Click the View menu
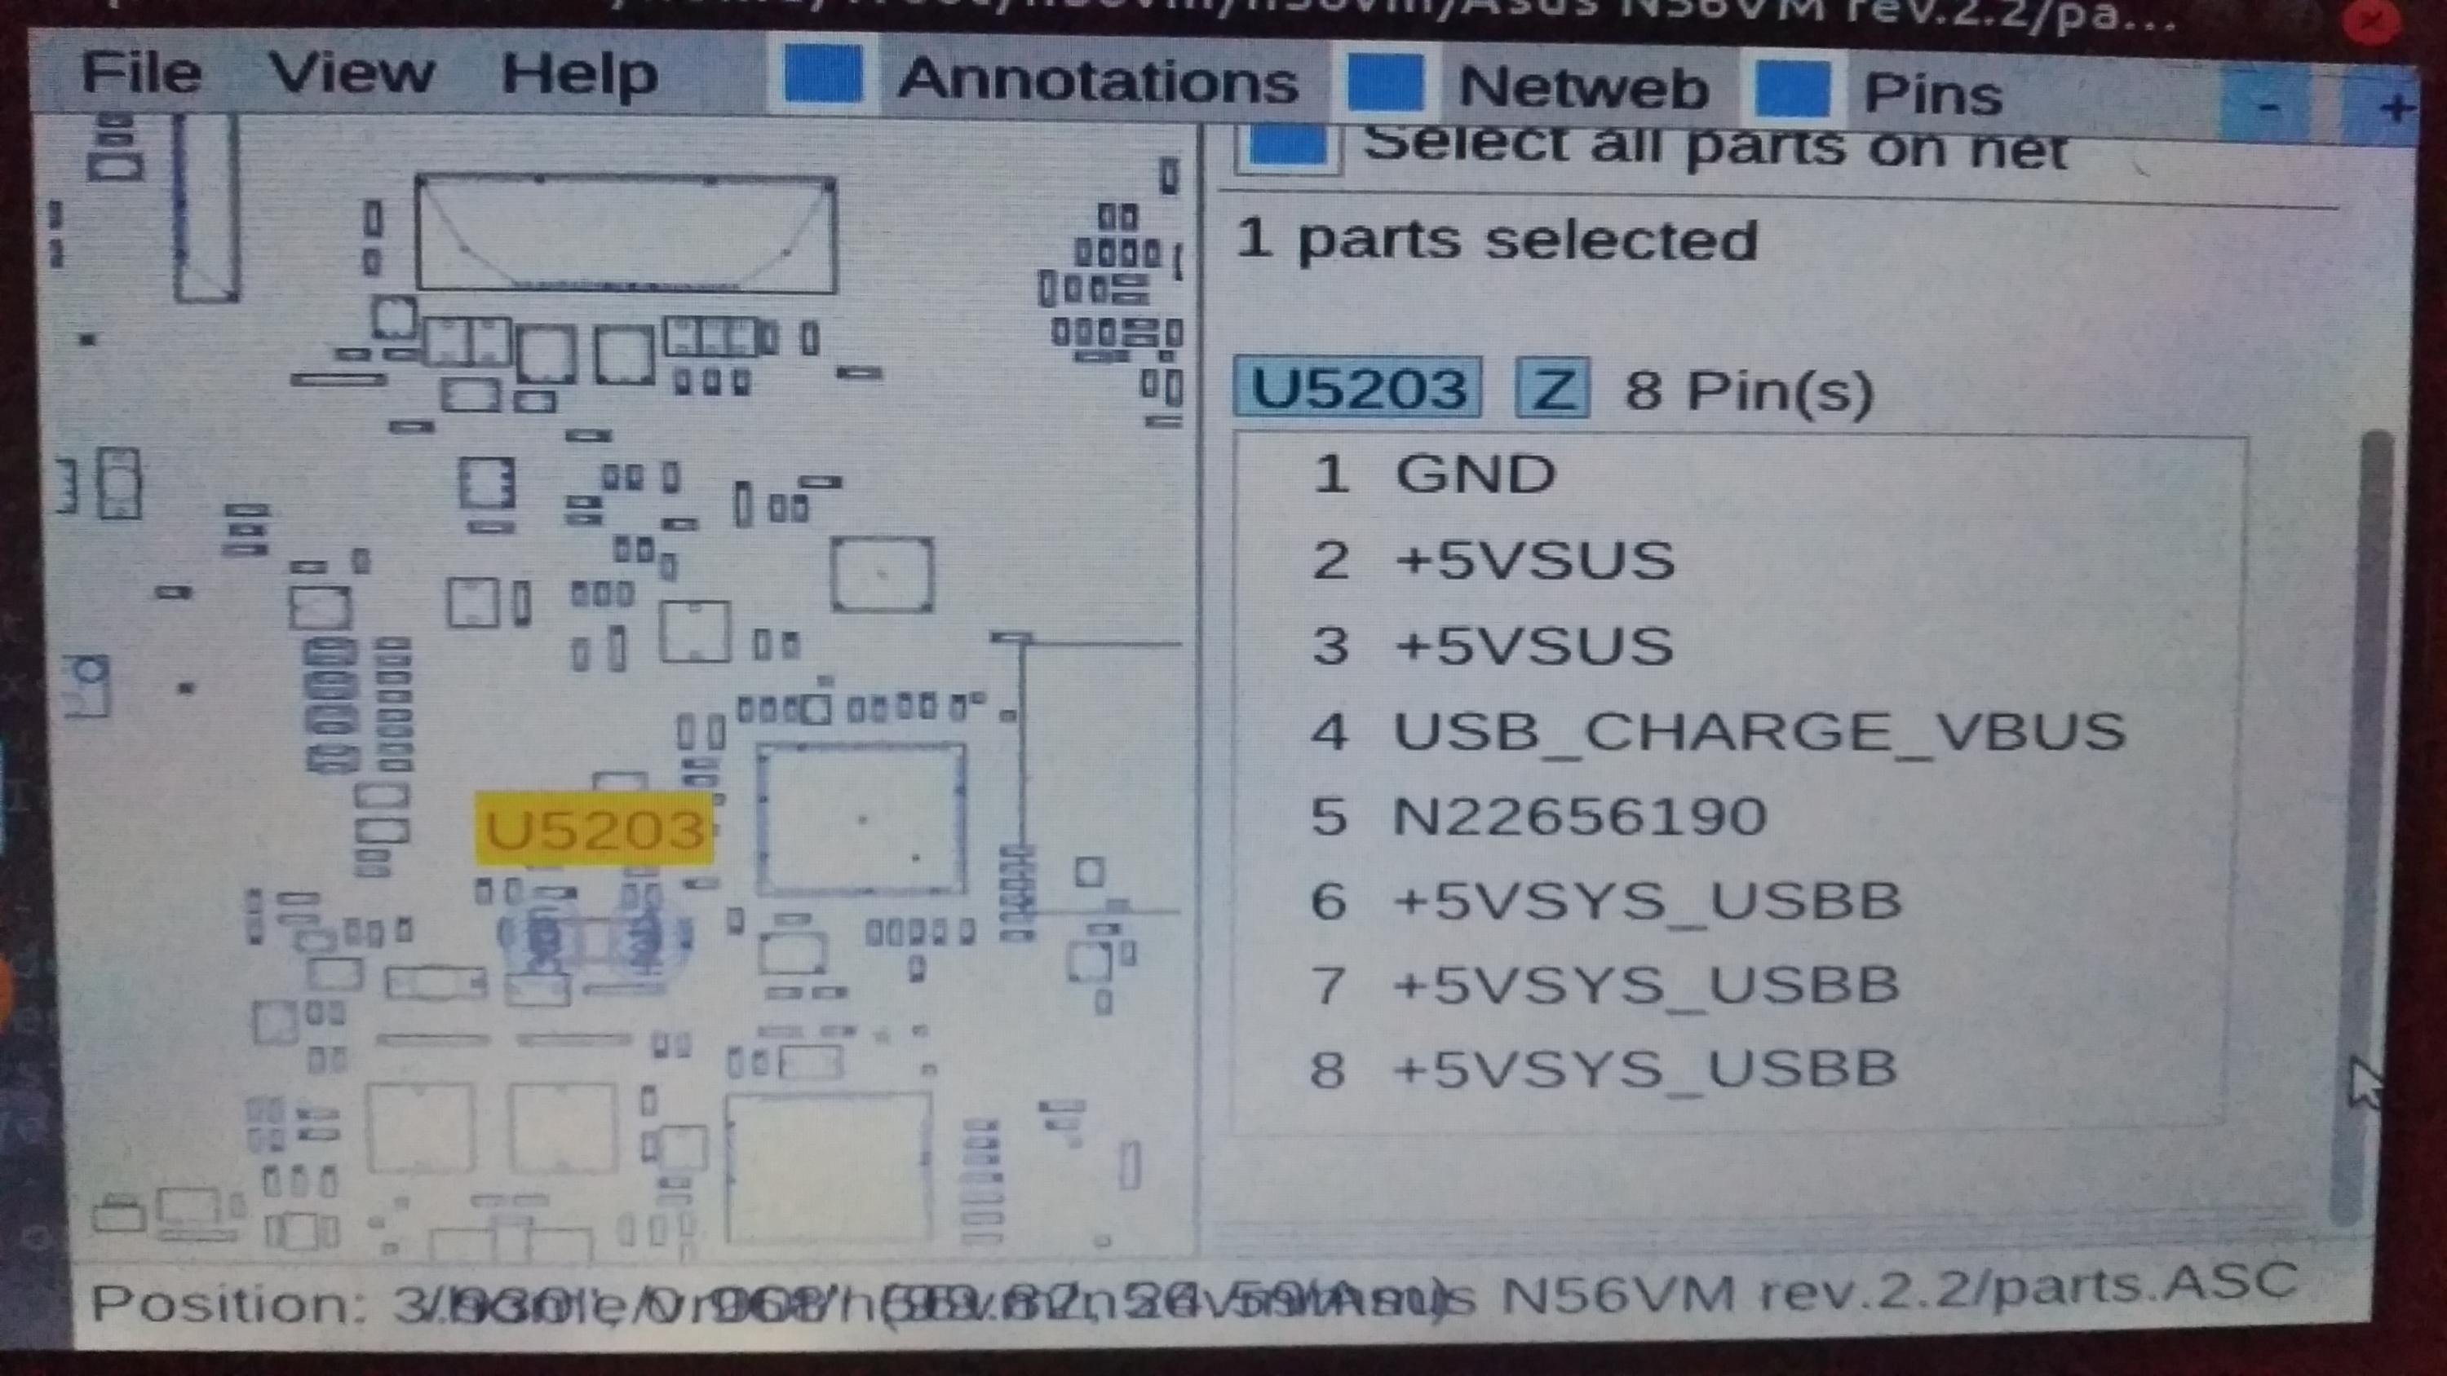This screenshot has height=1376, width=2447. (351, 73)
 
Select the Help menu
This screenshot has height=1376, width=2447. (578, 75)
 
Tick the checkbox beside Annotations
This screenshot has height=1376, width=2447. (823, 74)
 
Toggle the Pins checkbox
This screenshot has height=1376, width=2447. (1791, 88)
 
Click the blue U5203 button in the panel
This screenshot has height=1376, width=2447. (1357, 388)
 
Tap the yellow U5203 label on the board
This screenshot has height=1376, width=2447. (595, 830)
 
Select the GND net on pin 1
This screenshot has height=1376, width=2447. (1473, 474)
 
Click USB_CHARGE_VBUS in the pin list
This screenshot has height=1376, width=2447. (1758, 731)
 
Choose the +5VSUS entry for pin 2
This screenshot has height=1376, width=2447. (1533, 560)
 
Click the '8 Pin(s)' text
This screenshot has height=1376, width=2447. (1748, 390)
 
